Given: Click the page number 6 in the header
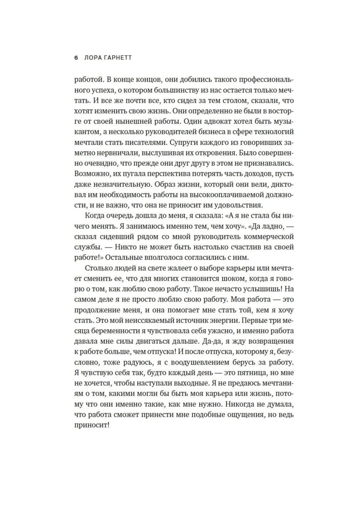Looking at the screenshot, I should pos(76,58).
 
